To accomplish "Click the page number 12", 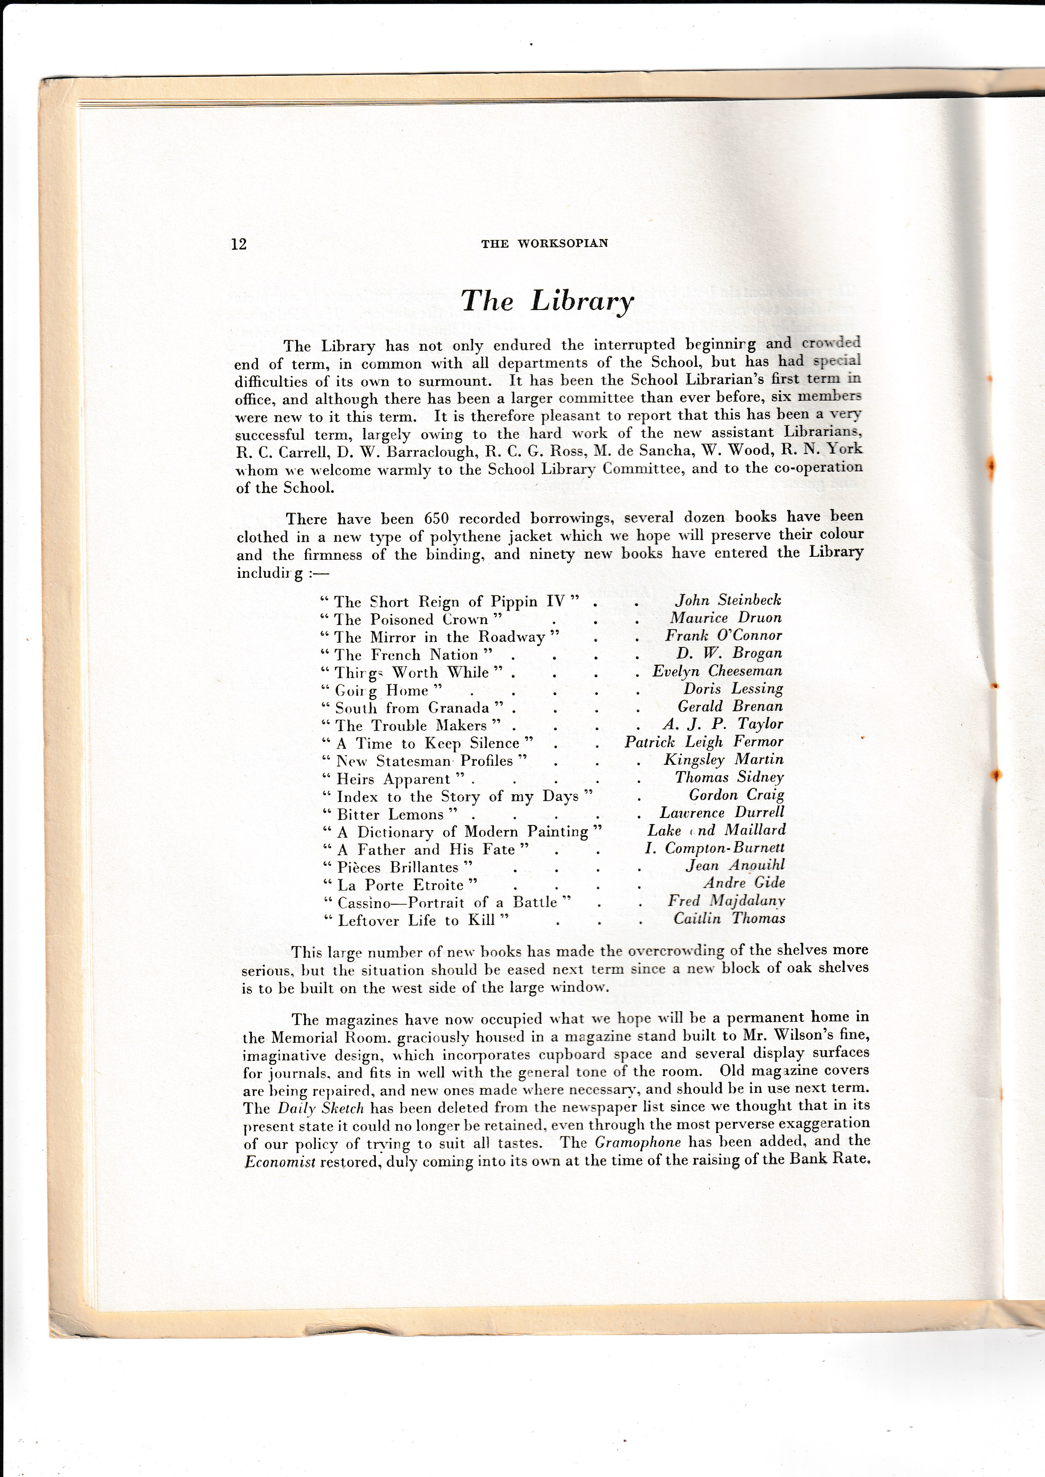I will click(x=239, y=244).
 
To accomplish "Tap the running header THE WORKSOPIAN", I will click(x=544, y=243).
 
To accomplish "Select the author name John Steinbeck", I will click(x=728, y=600).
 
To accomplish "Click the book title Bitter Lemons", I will click(x=391, y=815).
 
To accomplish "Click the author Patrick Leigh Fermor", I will click(x=703, y=742).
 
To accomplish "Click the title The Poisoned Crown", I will click(x=412, y=620).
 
